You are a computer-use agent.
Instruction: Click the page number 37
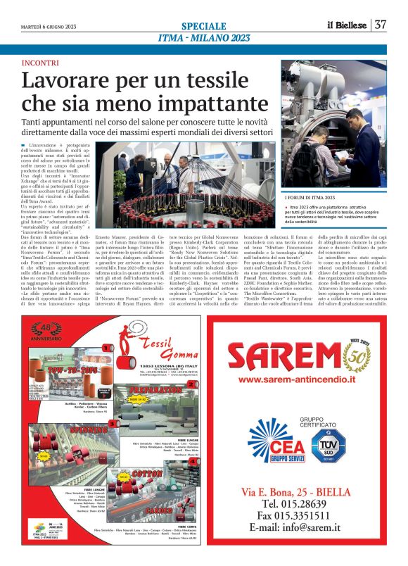click(x=381, y=25)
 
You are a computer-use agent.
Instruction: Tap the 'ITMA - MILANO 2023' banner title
click(x=203, y=37)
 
